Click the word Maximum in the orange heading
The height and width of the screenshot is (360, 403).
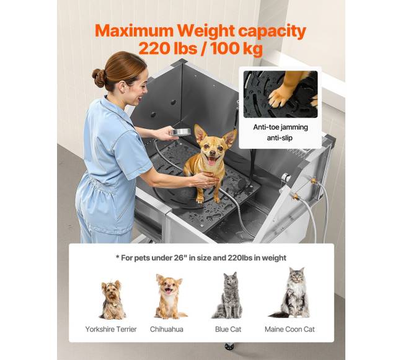pos(135,31)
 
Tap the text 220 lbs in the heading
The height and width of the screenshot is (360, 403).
pos(168,48)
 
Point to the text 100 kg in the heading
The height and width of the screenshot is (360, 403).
pos(237,49)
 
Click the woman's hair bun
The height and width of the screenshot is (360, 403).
pos(99,78)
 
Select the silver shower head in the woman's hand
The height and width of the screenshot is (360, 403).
pos(180,132)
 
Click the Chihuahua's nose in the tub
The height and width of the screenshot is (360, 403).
pos(213,152)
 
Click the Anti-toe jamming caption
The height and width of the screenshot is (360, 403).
pos(280,127)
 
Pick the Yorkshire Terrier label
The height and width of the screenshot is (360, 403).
pos(111,329)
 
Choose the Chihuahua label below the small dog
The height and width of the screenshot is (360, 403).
pos(167,329)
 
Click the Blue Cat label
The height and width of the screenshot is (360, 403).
pos(228,329)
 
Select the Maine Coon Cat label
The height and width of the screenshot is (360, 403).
pos(290,329)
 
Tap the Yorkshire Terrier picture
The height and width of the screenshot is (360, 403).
pos(112,300)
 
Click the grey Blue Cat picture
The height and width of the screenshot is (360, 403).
pos(228,296)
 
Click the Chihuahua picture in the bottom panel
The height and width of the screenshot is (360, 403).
pos(170,297)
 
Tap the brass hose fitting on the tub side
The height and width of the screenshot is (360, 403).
pos(296,197)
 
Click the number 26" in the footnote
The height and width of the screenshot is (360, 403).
pos(180,258)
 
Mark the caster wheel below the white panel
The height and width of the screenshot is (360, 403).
pos(229,346)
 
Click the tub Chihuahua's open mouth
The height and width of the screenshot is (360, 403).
pos(211,160)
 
